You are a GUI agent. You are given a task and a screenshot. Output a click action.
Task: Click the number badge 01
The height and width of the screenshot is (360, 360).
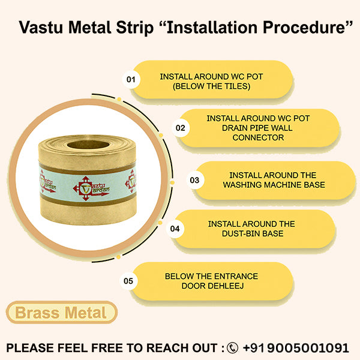(131, 79)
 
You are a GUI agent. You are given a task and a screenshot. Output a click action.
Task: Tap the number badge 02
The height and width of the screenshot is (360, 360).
(179, 128)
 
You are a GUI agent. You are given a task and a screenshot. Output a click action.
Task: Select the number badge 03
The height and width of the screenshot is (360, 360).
(194, 179)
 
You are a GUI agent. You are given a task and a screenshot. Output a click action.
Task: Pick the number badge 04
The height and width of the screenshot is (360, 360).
(175, 229)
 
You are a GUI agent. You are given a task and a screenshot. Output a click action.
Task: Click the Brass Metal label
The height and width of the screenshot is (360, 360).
(61, 313)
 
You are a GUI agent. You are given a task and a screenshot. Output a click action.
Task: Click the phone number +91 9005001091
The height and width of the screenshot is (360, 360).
(296, 347)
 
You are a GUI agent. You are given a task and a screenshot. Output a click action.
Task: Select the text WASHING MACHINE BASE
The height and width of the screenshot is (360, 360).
(265, 185)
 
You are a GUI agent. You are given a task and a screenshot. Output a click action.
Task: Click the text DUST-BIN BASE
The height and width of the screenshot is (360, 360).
(251, 233)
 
